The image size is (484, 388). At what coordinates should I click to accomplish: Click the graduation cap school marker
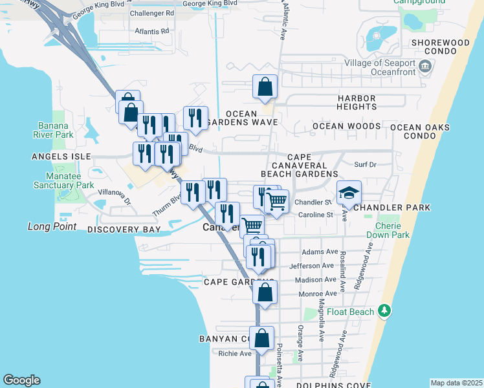point(349,193)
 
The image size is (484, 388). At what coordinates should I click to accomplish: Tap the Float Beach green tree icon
point(384,312)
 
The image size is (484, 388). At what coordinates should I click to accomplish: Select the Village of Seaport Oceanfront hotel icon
point(425,65)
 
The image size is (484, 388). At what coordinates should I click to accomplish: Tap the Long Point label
point(52,227)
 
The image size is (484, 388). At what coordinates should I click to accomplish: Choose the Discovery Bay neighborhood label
point(123,230)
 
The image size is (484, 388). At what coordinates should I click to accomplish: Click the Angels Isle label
point(60,156)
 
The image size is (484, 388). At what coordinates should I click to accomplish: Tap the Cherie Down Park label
point(391,230)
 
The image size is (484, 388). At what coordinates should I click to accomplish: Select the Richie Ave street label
point(235,354)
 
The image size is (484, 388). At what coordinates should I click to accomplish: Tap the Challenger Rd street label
point(152,13)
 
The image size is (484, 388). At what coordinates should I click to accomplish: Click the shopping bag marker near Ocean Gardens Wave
point(265,87)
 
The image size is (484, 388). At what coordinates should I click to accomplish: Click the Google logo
point(21,380)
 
